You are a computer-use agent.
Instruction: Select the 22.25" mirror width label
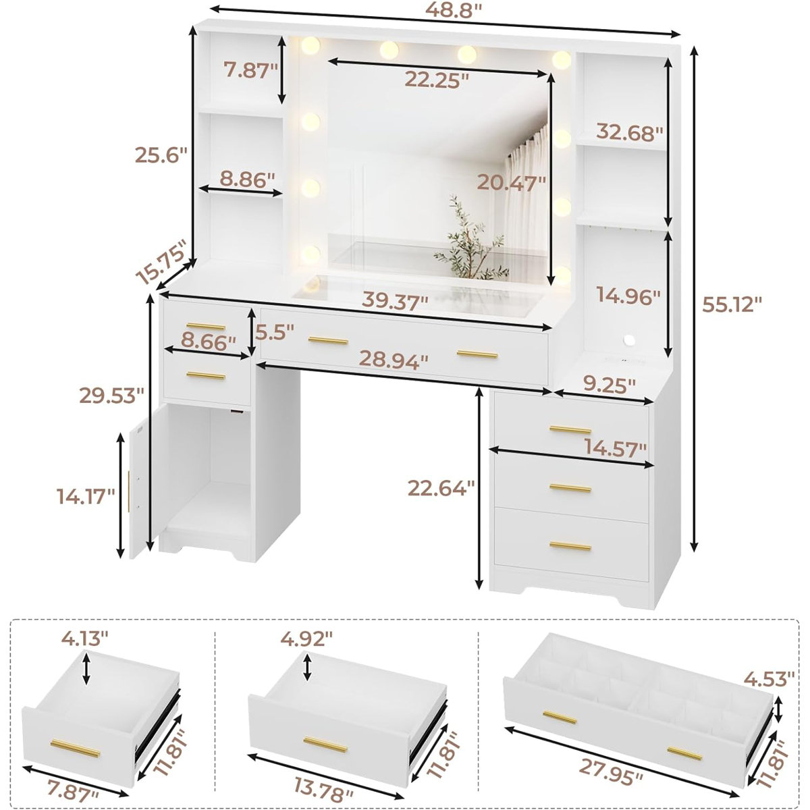(x=437, y=80)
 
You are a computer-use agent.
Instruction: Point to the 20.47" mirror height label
(x=510, y=182)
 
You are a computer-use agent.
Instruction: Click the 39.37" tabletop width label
(x=396, y=301)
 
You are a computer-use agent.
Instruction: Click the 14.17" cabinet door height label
(x=85, y=497)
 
